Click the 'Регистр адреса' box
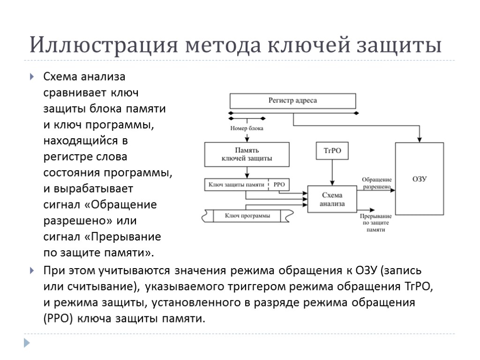click(292, 101)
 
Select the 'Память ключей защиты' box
click(247, 154)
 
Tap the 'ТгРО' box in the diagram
click(332, 151)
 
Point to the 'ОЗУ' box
click(419, 179)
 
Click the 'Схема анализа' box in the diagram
click(332, 199)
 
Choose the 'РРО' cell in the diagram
click(279, 185)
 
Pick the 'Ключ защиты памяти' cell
click(237, 185)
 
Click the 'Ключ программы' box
click(247, 216)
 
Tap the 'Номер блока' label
click(247, 128)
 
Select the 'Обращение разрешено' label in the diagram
click(376, 183)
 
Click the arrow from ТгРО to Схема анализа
click(332, 173)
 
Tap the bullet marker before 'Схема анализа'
click(31, 77)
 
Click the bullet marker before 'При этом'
click(31, 271)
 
